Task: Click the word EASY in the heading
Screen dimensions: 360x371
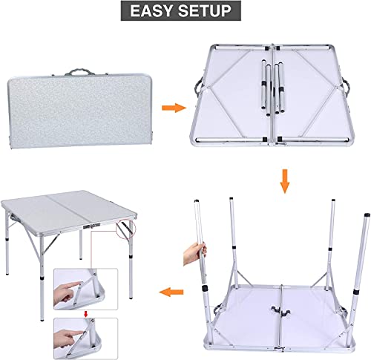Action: tap(154, 12)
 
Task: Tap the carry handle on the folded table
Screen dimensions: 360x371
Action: tap(79, 74)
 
